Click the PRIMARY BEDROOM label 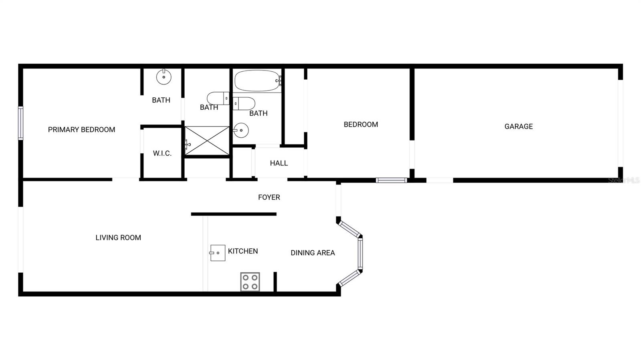coord(81,130)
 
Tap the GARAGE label coord(518,127)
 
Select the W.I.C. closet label coord(162,153)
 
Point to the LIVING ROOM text coord(118,238)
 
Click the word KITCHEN coord(243,251)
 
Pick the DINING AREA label coord(312,253)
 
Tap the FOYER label coord(269,197)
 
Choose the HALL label coord(279,163)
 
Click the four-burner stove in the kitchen coord(250,282)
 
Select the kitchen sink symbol coord(218,253)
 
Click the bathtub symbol coord(257,80)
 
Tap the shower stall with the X coord(207,140)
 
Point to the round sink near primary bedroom coord(163,76)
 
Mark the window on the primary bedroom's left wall coord(21,123)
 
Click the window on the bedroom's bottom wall coord(391,180)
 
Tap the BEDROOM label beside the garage coord(361,125)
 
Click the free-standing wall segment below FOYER coord(234,214)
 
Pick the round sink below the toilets coord(241,130)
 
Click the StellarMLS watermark coord(624,181)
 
